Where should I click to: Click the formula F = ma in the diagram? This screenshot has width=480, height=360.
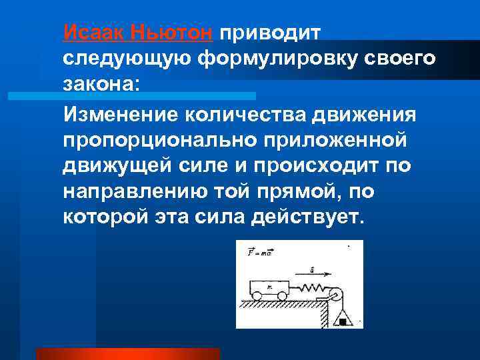click(x=259, y=252)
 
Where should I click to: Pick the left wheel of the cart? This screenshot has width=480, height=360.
click(x=257, y=296)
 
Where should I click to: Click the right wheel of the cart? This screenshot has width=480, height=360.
click(x=282, y=296)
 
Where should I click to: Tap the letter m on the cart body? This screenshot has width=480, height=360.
click(x=269, y=287)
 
